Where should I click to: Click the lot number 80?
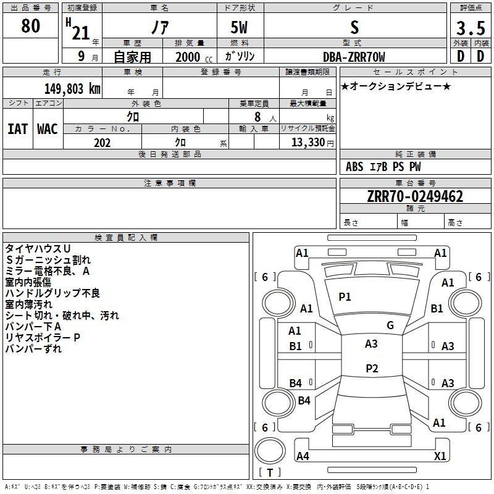click(30, 25)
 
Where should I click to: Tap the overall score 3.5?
click(471, 28)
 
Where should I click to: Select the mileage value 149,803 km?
click(72, 89)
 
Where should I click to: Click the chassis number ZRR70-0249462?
click(415, 196)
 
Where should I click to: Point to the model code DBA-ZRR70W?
click(354, 57)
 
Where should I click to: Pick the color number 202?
click(102, 143)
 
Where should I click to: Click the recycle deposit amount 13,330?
click(308, 143)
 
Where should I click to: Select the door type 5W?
click(239, 27)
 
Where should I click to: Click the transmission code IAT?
click(18, 129)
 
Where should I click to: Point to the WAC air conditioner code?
click(48, 129)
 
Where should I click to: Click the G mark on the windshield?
click(390, 325)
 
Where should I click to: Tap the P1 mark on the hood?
click(345, 297)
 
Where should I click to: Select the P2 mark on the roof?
click(372, 368)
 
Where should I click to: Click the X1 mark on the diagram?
click(440, 456)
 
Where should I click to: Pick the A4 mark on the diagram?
click(303, 456)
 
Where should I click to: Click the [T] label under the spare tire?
click(270, 472)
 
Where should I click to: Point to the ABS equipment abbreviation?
click(354, 167)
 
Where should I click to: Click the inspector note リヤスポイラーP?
click(43, 337)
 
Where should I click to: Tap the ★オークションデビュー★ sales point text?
click(396, 86)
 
